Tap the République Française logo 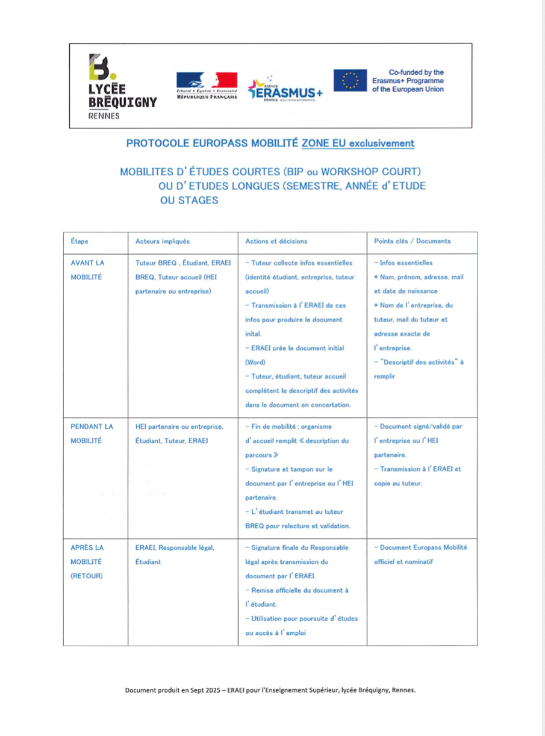tap(207, 85)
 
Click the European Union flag tap(350, 80)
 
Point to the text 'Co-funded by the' tap(416, 72)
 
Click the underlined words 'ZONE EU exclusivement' tap(358, 143)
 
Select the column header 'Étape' tap(79, 241)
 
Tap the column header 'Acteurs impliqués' tap(163, 241)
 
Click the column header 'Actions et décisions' tap(276, 241)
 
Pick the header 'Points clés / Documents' tap(412, 241)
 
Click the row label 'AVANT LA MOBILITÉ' tap(87, 269)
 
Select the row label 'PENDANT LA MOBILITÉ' tap(92, 433)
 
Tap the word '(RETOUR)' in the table tap(87, 575)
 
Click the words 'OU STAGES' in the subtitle tap(189, 201)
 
